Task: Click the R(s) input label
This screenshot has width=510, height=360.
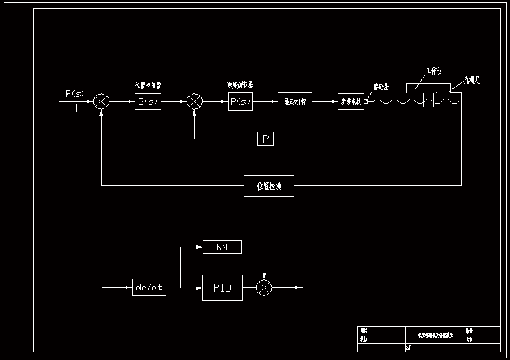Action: (75, 93)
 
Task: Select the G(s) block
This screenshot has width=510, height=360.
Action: (148, 102)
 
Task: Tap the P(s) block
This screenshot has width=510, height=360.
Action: (241, 102)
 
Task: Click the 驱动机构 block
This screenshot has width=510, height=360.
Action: (295, 101)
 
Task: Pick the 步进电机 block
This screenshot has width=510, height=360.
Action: (351, 102)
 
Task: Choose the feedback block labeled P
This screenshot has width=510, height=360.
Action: (265, 139)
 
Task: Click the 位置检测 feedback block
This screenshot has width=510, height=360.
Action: (269, 185)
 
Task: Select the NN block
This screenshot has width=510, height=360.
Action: (222, 247)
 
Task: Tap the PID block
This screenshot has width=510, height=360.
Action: (222, 287)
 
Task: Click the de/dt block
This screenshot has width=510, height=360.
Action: (149, 287)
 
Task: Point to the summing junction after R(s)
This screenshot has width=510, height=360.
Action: (102, 101)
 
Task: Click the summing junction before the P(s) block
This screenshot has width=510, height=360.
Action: (194, 101)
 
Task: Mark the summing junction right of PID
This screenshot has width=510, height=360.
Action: (264, 287)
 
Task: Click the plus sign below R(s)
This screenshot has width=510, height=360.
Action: (76, 108)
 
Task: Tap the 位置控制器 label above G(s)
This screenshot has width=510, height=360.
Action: (148, 85)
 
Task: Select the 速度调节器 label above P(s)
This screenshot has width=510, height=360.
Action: (240, 85)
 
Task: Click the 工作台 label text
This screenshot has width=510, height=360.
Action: (434, 71)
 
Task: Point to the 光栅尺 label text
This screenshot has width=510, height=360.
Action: (472, 79)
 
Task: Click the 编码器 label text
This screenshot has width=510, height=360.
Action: (381, 87)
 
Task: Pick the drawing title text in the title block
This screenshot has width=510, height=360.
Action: (435, 335)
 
